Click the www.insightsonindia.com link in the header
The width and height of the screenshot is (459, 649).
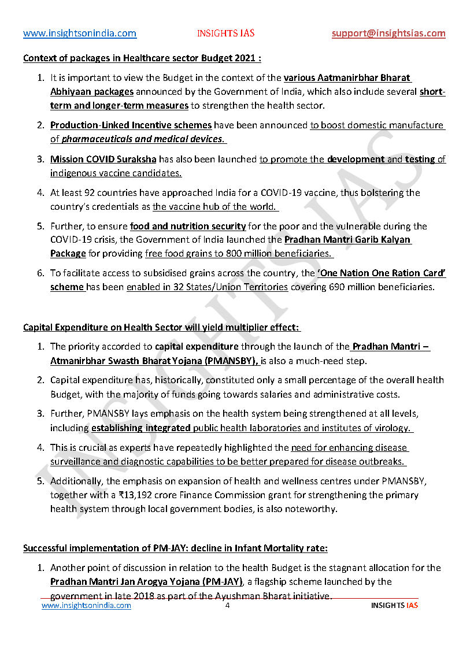80,34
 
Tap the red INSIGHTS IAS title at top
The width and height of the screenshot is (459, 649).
225,34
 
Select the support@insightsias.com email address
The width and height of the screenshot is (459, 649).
388,34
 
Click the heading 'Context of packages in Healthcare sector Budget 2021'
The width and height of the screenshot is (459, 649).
142,58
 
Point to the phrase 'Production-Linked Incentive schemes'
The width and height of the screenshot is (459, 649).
131,125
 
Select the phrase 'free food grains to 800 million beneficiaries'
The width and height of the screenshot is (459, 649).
239,254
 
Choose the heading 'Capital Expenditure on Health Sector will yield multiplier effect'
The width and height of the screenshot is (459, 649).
161,328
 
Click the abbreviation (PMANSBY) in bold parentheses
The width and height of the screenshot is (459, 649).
227,361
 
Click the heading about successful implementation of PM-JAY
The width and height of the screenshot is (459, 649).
175,548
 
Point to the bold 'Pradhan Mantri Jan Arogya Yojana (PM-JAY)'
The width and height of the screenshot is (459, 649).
146,582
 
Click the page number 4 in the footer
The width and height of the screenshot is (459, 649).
227,606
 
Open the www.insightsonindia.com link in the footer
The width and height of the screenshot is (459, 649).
86,606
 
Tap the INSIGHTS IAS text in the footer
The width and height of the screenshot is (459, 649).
394,606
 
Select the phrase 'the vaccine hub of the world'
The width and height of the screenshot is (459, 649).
216,207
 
